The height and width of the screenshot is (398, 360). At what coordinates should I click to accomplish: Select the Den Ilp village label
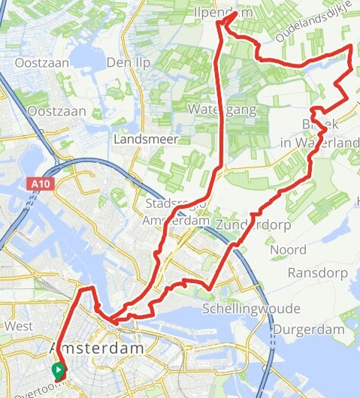click(124, 62)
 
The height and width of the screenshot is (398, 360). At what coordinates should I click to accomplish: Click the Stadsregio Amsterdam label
click(177, 213)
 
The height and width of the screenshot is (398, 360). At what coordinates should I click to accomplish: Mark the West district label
click(18, 327)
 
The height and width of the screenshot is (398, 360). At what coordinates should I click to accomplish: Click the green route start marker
click(57, 370)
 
